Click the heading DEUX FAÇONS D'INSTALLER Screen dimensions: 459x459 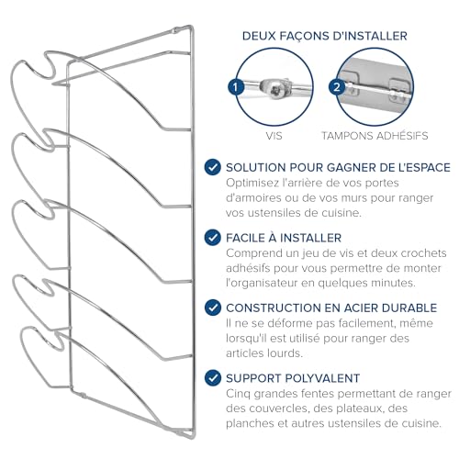325,36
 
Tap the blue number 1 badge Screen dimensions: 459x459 236,87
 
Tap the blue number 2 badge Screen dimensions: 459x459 337,87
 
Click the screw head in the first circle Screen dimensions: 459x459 275,89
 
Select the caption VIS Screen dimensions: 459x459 274,136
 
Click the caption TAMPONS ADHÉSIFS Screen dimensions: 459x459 375,136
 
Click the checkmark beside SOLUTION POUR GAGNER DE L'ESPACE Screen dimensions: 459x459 213,167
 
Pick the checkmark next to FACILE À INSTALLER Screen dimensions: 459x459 213,238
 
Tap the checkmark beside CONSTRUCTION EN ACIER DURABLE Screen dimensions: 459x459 213,308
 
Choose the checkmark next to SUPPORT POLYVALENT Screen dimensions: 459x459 213,378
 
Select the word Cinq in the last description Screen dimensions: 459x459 238,394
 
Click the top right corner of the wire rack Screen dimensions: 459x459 192,27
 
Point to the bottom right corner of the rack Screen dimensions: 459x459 193,437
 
